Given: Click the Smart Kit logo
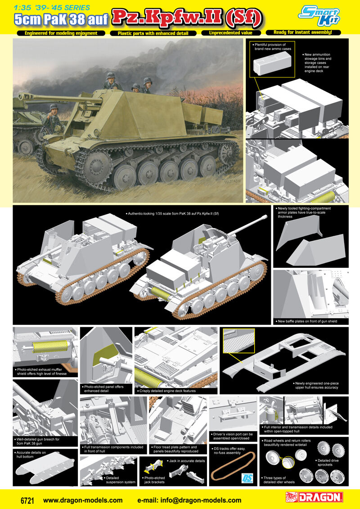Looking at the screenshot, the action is coord(319,16).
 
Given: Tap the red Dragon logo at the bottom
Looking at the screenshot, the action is coord(314,497).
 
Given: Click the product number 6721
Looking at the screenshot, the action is coord(27,500).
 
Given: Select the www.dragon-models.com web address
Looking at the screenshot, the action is coord(83,500).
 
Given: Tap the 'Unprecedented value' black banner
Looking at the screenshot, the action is coord(231,33).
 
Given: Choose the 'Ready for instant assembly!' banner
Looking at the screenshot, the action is coord(303,32).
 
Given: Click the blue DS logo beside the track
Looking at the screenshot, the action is coord(246,478).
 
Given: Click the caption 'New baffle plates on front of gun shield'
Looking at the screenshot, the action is coord(307,321).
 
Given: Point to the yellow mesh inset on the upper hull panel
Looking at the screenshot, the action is coord(238,340).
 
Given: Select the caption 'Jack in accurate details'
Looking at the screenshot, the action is coord(187,461).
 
